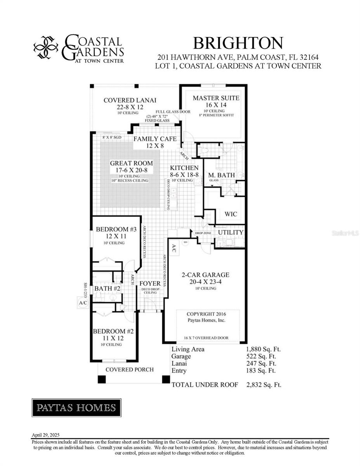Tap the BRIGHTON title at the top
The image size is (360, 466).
pos(238,42)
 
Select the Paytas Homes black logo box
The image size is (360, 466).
pos(76,408)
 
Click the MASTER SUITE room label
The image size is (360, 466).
pos(216,98)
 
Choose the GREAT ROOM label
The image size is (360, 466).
pos(131,163)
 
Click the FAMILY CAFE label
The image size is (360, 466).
pos(155,139)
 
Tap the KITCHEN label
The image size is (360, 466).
pos(184,168)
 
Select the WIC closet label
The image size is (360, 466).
pos(231,214)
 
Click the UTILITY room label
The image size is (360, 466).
pos(230,232)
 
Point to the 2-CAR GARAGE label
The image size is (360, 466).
pos(205,275)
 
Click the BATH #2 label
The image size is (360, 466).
pos(108,289)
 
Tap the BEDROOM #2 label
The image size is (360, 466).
pos(113,331)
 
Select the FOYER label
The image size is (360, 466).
pos(150,283)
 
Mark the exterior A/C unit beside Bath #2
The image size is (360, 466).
pos(83,303)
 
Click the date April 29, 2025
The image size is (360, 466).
pos(45,435)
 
